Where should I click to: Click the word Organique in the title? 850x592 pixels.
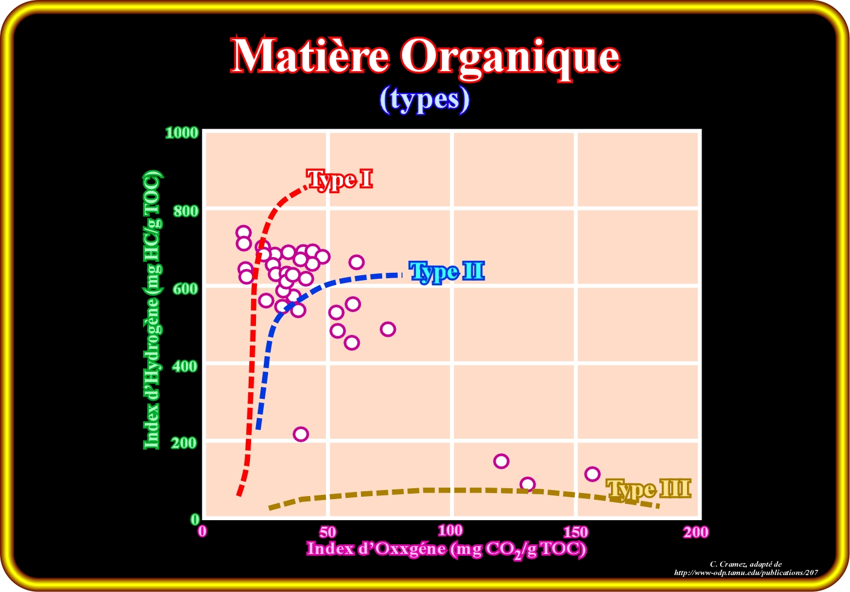pyautogui.click(x=511, y=57)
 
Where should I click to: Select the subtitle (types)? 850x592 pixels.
pyautogui.click(x=424, y=99)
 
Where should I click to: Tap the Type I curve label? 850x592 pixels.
pyautogui.click(x=339, y=179)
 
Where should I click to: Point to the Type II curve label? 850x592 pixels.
pyautogui.click(x=447, y=272)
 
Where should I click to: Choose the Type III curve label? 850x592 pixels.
pyautogui.click(x=648, y=489)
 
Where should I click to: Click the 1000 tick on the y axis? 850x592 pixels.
pyautogui.click(x=182, y=132)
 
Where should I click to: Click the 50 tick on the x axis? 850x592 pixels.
pyautogui.click(x=327, y=532)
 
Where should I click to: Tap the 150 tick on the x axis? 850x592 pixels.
pyautogui.click(x=575, y=532)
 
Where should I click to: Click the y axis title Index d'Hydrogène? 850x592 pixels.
pyautogui.click(x=152, y=310)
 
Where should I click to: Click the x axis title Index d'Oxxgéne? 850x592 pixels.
pyautogui.click(x=447, y=549)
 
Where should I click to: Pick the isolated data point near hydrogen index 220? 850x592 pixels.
pyautogui.click(x=301, y=434)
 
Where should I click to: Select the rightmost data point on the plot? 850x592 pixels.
pyautogui.click(x=592, y=474)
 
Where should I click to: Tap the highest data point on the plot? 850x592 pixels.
pyautogui.click(x=243, y=232)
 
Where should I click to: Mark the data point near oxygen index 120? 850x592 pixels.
pyautogui.click(x=501, y=461)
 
